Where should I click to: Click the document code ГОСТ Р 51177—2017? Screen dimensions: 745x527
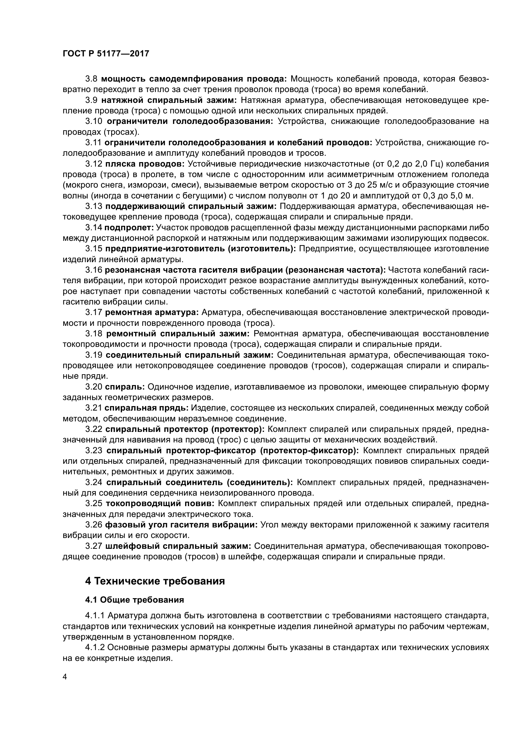(106, 54)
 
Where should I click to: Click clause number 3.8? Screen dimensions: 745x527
(92, 79)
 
